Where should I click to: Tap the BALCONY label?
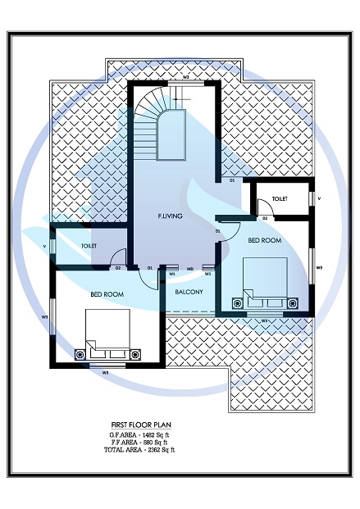[x=189, y=291]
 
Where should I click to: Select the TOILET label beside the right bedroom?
[x=280, y=198]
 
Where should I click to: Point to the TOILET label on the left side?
[x=89, y=245]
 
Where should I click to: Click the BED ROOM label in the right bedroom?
[x=264, y=240]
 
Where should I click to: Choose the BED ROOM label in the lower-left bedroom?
[x=107, y=293]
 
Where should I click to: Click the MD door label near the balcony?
[x=189, y=268]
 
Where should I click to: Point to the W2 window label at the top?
[x=186, y=76]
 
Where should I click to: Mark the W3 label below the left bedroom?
[x=105, y=373]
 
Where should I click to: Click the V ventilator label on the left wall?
[x=44, y=245]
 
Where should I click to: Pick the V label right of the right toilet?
[x=319, y=198]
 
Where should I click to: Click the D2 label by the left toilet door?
[x=118, y=268]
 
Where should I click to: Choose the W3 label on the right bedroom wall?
[x=319, y=266]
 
